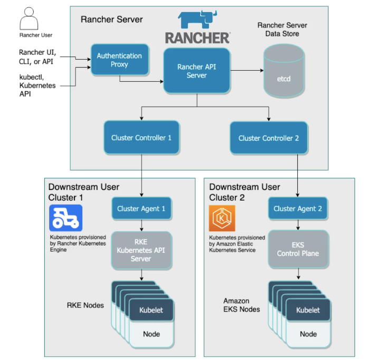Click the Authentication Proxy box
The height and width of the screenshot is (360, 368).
click(119, 60)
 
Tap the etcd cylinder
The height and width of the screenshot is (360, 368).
click(284, 72)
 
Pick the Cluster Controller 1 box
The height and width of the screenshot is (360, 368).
click(141, 138)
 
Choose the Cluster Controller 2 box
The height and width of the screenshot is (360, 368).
click(268, 138)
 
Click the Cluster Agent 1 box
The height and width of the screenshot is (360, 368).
click(141, 209)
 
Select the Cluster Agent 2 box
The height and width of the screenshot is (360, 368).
click(298, 209)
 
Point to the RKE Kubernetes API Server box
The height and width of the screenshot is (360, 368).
click(141, 250)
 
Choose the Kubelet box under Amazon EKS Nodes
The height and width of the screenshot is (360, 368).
click(308, 310)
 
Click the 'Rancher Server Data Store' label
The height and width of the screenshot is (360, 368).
click(282, 30)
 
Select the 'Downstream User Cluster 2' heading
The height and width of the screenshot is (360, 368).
click(244, 192)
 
